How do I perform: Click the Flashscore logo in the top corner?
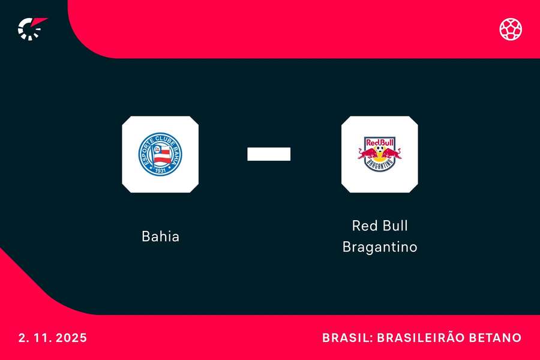click(31, 28)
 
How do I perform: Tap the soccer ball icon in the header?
click(511, 29)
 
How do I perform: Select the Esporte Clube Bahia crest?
click(160, 154)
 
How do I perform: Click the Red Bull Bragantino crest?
click(379, 154)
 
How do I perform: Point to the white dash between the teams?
click(269, 154)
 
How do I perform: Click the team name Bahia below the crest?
click(160, 236)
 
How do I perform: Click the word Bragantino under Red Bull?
click(379, 247)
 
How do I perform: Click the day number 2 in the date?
click(22, 338)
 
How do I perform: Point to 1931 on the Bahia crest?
click(160, 170)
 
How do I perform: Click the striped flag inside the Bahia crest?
click(160, 155)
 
